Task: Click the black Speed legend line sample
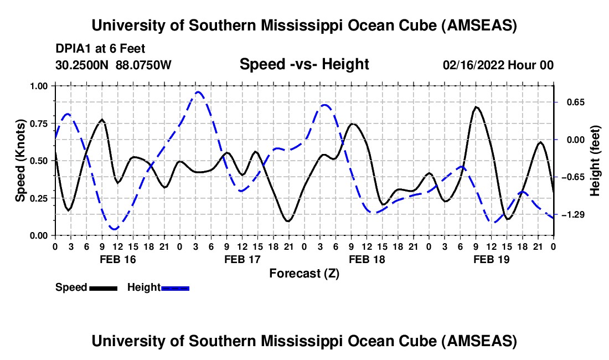coord(103,287)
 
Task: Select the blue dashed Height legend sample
coord(175,287)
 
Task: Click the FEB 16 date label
coord(118,259)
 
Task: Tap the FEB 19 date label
coord(492,259)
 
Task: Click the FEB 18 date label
coord(367,259)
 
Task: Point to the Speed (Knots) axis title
coord(20,161)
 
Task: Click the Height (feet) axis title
coord(595,161)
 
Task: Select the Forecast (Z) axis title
coord(304,273)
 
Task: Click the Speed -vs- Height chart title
coord(304,64)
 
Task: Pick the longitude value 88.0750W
coord(144,65)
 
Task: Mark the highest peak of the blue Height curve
coord(198,92)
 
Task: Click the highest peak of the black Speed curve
coord(476,107)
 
